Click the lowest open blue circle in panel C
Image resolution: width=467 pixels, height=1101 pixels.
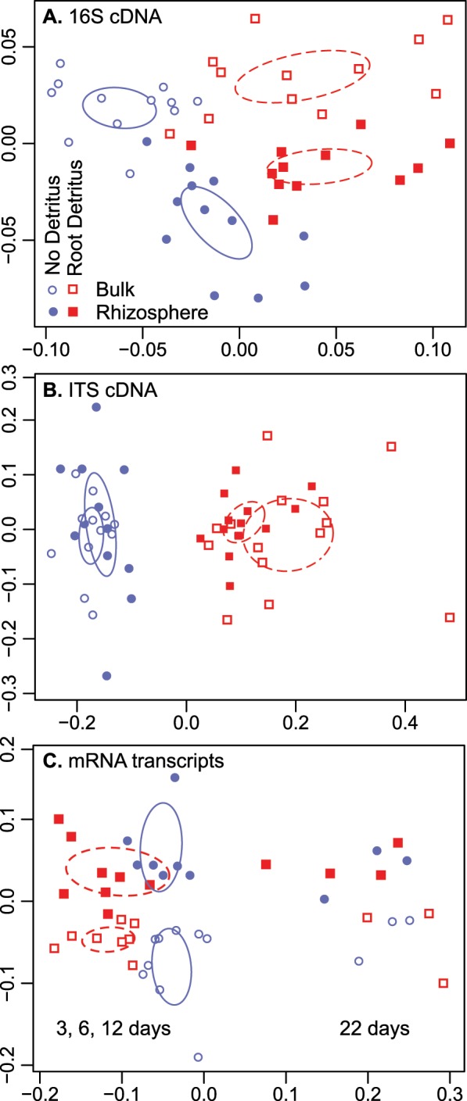pos(198,1057)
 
